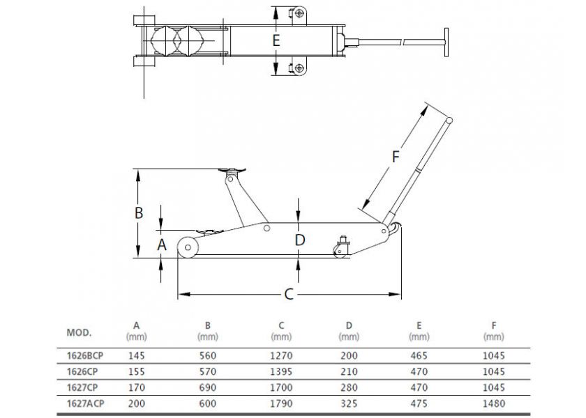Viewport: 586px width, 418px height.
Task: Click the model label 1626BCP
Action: tap(84, 355)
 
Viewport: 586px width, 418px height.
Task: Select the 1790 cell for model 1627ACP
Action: tap(281, 403)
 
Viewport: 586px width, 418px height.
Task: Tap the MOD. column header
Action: tap(79, 332)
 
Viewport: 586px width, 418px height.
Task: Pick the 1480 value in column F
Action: tap(494, 403)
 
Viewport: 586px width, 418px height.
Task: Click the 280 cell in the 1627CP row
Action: tap(349, 387)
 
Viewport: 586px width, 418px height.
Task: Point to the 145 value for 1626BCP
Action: tap(137, 355)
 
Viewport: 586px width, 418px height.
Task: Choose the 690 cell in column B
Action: tap(207, 387)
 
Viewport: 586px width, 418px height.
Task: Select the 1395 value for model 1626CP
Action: tap(281, 371)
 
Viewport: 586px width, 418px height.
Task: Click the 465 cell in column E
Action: tap(419, 355)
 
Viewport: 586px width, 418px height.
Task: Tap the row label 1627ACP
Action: tap(85, 403)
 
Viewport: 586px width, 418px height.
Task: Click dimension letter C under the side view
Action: tap(289, 294)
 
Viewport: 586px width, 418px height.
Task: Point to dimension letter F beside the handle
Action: tap(396, 157)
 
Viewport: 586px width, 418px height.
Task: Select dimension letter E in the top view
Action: tap(276, 40)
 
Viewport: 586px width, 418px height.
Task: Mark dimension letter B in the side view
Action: tap(139, 212)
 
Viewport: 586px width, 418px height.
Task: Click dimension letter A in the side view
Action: tap(161, 245)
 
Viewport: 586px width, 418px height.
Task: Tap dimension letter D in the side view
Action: tap(300, 240)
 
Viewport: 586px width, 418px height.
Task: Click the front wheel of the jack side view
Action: tap(188, 247)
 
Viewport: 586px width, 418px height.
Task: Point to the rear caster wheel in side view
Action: tap(340, 251)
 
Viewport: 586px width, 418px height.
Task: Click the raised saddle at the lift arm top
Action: tap(232, 171)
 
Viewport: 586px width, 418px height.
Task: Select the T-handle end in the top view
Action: tap(446, 42)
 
